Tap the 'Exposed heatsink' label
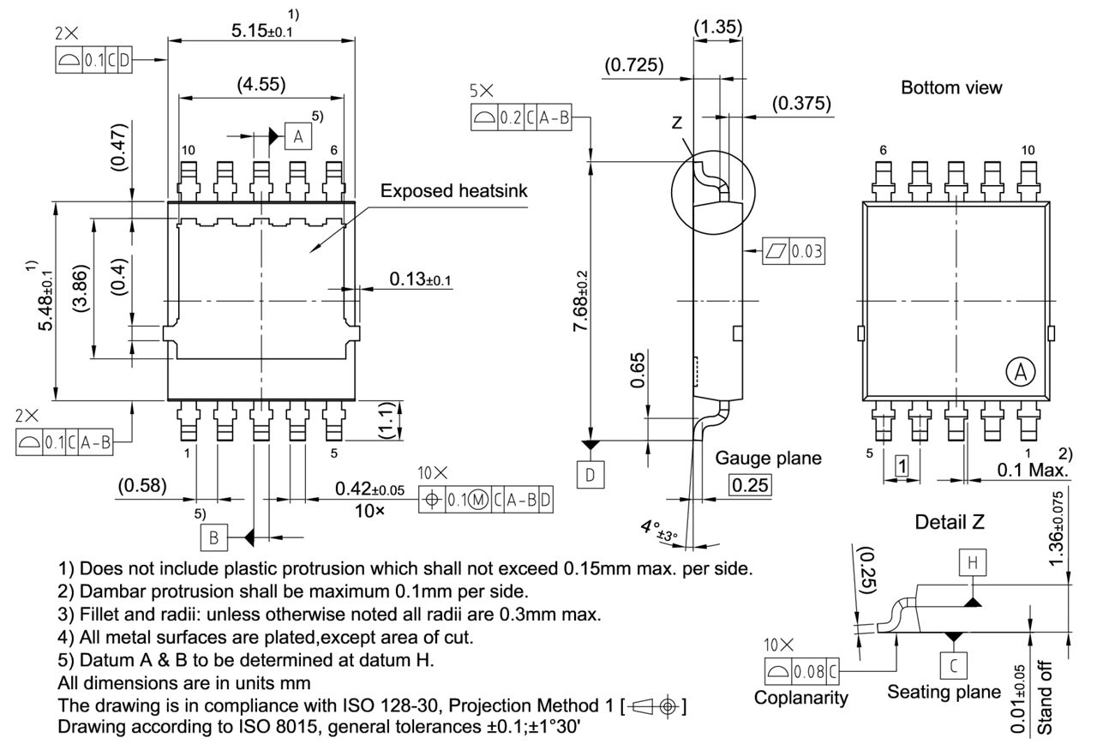[x=454, y=191]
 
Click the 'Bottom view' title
[x=951, y=87]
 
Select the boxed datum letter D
[x=590, y=474]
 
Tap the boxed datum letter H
[x=972, y=562]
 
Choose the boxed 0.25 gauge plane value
[x=750, y=484]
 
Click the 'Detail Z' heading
[x=951, y=521]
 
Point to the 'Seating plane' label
[x=944, y=691]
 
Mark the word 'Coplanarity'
[x=801, y=697]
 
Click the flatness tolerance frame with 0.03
[x=794, y=251]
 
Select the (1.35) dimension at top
[x=718, y=27]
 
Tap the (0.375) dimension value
[x=801, y=104]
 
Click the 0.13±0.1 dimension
[x=421, y=279]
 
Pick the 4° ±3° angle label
[x=655, y=529]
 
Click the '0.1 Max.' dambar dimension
[x=1032, y=470]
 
